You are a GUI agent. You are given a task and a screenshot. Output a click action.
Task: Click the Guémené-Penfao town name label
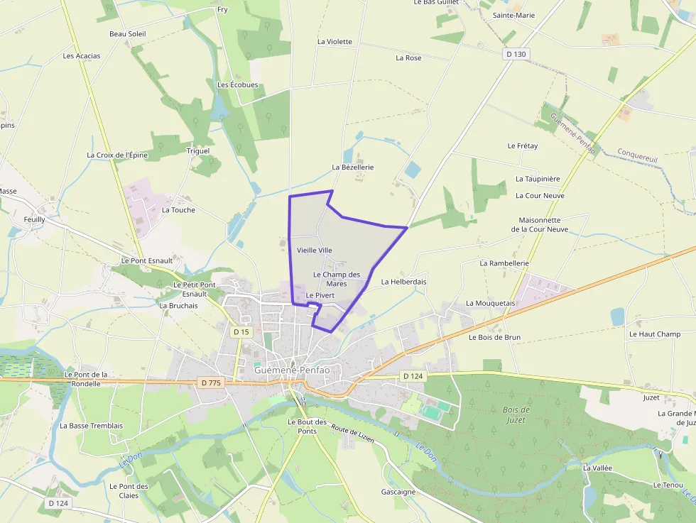[292, 370]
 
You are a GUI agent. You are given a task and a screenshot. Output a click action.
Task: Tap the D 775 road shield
[212, 382]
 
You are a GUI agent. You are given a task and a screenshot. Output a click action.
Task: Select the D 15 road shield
[241, 331]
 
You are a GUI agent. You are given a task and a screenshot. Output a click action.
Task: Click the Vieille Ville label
[315, 250]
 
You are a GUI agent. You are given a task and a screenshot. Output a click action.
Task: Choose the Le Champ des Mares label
[336, 279]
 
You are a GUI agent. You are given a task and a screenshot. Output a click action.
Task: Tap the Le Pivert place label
[320, 295]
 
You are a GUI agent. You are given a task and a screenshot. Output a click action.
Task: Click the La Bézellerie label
[353, 167]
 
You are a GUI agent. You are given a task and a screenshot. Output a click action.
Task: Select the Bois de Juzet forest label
[516, 414]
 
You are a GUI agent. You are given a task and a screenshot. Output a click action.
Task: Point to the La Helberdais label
[403, 282]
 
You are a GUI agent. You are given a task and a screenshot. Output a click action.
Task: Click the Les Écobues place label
[237, 85]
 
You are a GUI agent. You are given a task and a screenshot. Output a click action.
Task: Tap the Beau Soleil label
[127, 33]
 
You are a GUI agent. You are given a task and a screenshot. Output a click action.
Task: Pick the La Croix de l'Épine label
[117, 155]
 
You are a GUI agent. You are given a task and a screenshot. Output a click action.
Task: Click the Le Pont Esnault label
[147, 260]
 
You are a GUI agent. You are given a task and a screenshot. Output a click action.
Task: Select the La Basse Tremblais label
[91, 426]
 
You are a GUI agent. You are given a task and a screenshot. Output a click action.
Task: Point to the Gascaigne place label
[398, 492]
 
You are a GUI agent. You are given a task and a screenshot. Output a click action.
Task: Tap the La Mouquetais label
[490, 303]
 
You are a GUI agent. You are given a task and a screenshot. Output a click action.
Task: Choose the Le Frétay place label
[522, 145]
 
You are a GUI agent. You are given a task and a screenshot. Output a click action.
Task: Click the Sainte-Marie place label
[513, 15]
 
